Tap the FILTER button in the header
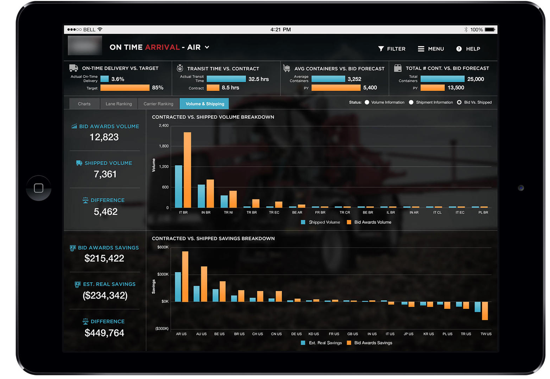coord(391,49)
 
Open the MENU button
coord(431,49)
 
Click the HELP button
coord(468,49)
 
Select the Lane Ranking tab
coord(119,104)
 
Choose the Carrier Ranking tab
coord(158,104)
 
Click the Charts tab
coord(84,104)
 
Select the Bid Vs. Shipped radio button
coord(459,102)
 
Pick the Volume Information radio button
coord(367,102)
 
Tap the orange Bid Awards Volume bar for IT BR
coord(187,170)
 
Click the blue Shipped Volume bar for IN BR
coord(201,196)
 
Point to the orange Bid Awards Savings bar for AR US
coord(185,276)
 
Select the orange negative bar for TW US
coord(484,311)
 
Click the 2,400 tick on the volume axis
coord(164,126)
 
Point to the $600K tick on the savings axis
coord(163,247)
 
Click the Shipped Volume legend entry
coord(320,222)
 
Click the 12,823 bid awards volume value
coord(104,137)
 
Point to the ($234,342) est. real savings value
coord(105,296)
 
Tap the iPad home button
coord(38,188)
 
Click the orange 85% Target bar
coord(125,88)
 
